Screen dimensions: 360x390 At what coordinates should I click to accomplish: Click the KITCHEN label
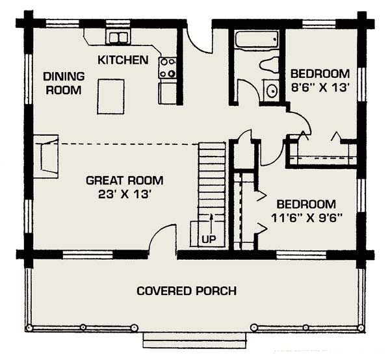[x=123, y=60]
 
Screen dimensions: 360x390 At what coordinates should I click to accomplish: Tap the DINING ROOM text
[x=62, y=83]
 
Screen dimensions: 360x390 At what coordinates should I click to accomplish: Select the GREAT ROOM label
[x=124, y=180]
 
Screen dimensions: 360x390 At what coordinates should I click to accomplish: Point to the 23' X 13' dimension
[x=124, y=193]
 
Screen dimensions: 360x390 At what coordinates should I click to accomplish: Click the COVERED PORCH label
[x=186, y=290]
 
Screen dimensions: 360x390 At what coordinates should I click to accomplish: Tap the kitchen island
[x=111, y=96]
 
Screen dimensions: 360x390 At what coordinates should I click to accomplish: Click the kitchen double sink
[x=118, y=38]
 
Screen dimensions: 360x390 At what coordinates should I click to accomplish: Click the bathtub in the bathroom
[x=256, y=40]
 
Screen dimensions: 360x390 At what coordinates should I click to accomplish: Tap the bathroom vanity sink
[x=270, y=90]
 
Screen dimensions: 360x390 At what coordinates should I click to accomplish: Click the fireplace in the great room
[x=47, y=156]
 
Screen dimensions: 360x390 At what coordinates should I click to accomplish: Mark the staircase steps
[x=211, y=182]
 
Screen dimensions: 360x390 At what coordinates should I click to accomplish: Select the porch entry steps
[x=195, y=341]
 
